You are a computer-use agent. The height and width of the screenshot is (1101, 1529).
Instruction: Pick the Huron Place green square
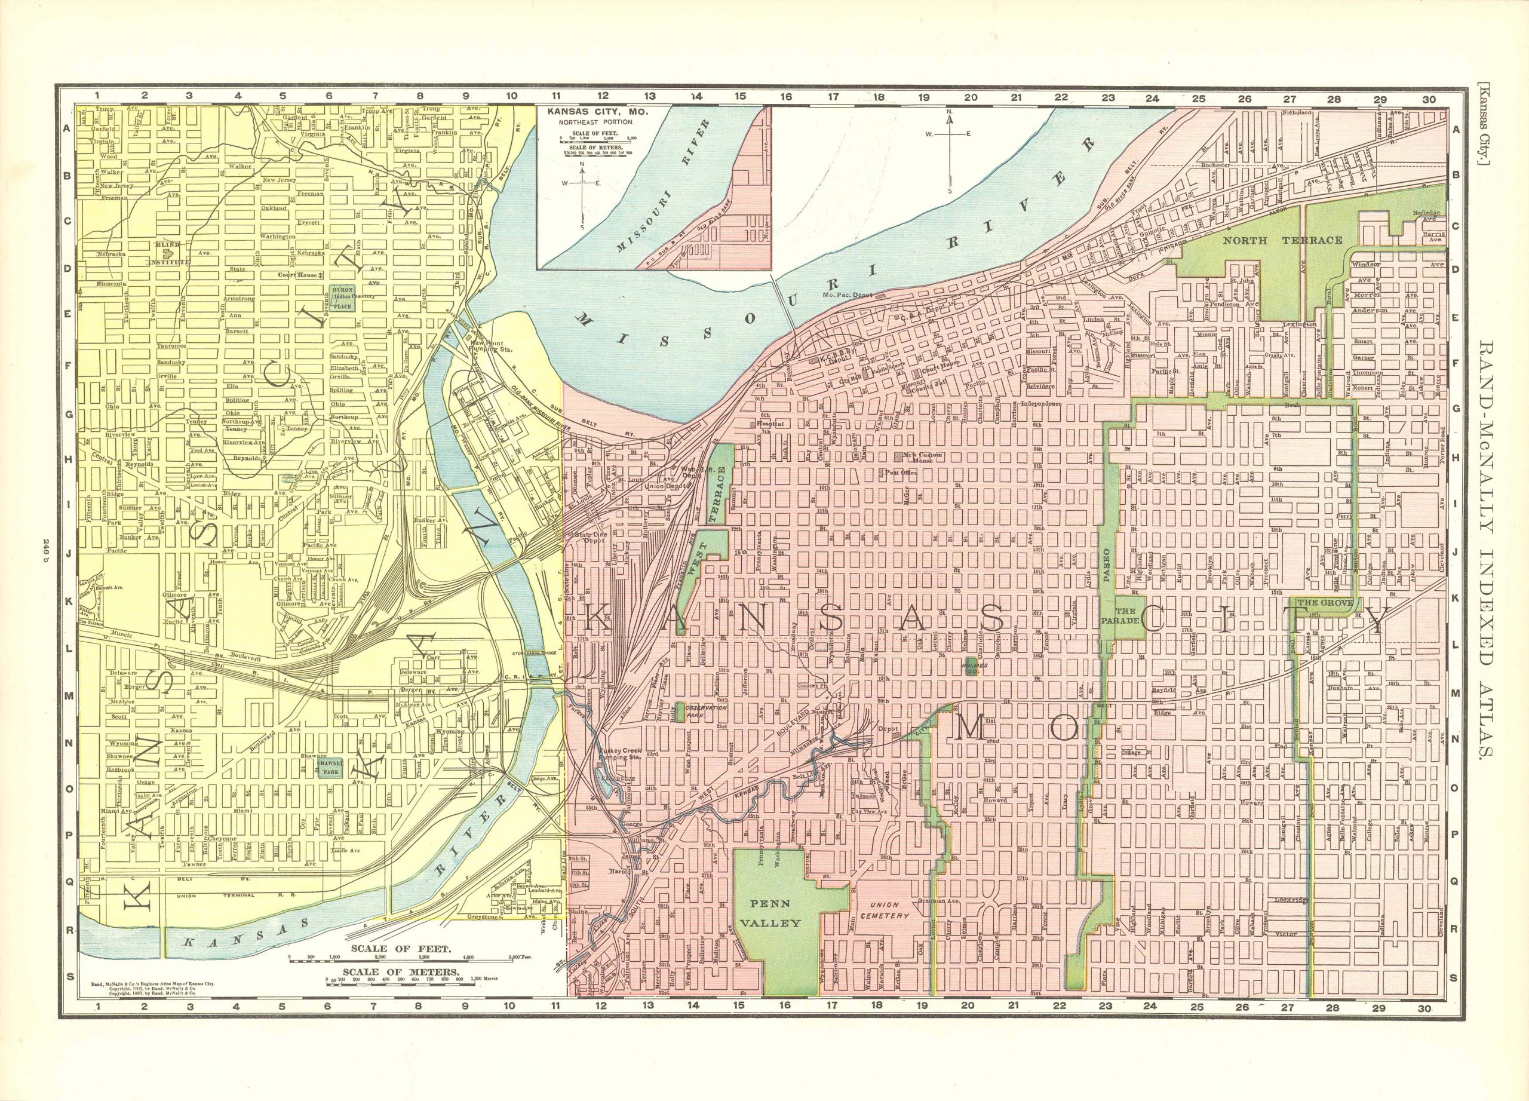[x=342, y=298]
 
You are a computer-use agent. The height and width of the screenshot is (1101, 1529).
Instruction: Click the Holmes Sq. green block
[x=970, y=664]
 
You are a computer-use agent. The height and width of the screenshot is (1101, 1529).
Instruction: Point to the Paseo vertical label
[x=1107, y=565]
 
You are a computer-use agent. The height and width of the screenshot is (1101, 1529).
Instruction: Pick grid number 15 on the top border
[x=741, y=96]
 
